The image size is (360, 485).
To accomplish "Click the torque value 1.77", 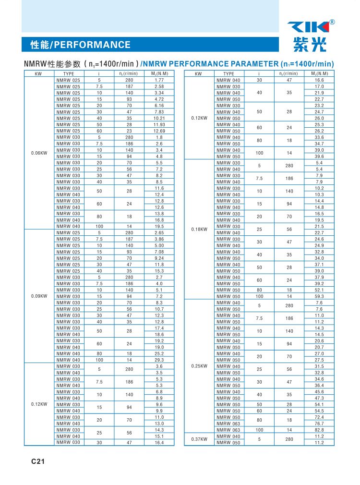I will coord(159,80).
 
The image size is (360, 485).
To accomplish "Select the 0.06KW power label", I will coord(38,153).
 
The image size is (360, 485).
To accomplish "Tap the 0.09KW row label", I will coord(38,296).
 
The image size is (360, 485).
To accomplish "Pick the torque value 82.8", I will coord(319,430).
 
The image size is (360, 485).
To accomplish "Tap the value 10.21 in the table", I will coord(159,118).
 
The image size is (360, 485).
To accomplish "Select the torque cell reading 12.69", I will coord(159,131).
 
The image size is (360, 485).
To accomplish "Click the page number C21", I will coord(38,461).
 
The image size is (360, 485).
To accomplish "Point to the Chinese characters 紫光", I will coord(310,45).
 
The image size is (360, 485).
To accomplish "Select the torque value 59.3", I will coord(319,297).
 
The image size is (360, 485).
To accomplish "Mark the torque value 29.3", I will coord(159,360).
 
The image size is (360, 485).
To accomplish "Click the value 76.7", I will coord(319,424).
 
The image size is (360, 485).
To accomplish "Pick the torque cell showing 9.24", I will coord(159,258).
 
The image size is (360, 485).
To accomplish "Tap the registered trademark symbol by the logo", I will coord(333,22).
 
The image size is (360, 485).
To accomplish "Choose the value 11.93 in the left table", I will coord(159,125).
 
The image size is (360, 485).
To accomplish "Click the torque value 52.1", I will coord(319,290).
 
